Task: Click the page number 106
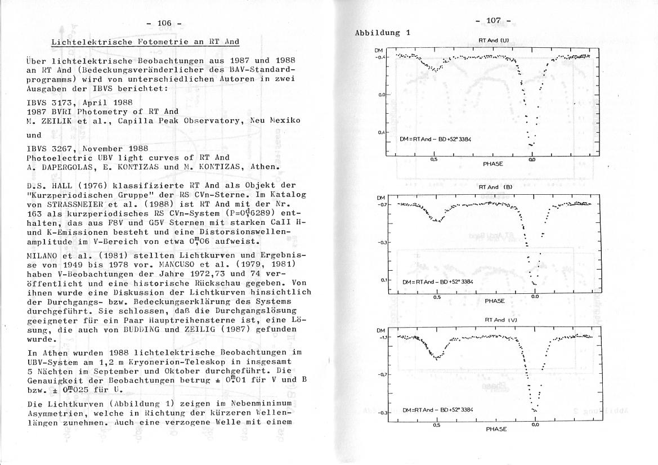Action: click(164, 23)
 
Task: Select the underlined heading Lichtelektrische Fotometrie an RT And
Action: click(145, 42)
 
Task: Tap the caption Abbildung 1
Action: click(383, 33)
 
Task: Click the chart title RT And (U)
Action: click(494, 41)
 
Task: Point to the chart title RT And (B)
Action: click(495, 187)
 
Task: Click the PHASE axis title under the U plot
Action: click(493, 164)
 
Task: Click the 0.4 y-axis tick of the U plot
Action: click(382, 132)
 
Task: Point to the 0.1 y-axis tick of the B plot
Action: click(383, 280)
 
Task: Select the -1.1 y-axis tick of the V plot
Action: click(382, 338)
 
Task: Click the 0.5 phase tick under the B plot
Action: click(437, 297)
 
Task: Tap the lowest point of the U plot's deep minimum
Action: click(531, 145)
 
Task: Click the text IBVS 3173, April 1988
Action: click(79, 103)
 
